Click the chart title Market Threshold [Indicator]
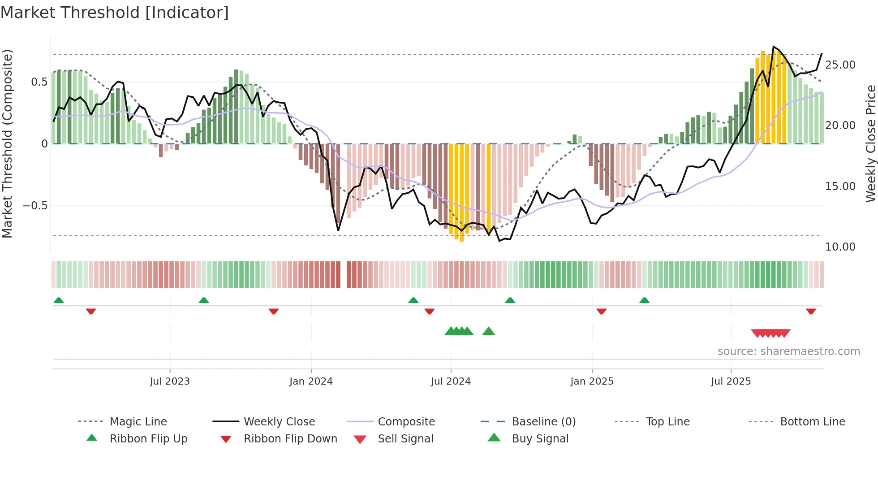click(115, 13)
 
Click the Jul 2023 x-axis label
click(170, 381)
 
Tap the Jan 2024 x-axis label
click(311, 381)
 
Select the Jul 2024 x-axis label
click(451, 381)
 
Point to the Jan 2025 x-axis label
click(592, 381)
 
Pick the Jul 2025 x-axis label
click(731, 381)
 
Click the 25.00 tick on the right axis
click(840, 65)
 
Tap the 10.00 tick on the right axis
click(840, 247)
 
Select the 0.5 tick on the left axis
click(39, 82)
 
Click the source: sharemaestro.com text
click(788, 351)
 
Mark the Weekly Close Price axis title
click(870, 143)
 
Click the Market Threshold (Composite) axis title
click(7, 143)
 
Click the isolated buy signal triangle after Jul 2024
click(488, 331)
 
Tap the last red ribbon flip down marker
click(811, 311)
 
